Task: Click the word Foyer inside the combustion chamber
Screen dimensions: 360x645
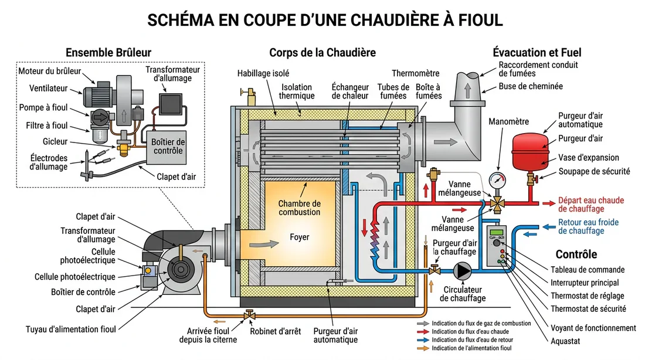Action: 299,237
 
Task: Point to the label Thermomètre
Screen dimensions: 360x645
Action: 415,73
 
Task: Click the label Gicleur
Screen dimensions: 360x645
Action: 56,142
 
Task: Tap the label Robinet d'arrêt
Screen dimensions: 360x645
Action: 275,331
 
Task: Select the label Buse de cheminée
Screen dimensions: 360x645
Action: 530,86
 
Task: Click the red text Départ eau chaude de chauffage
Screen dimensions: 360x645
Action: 590,204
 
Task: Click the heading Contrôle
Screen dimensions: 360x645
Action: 576,254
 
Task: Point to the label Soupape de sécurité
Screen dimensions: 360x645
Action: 594,171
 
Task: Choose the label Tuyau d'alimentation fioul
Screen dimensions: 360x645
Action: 71,328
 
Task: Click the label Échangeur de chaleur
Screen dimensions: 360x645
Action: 349,91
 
